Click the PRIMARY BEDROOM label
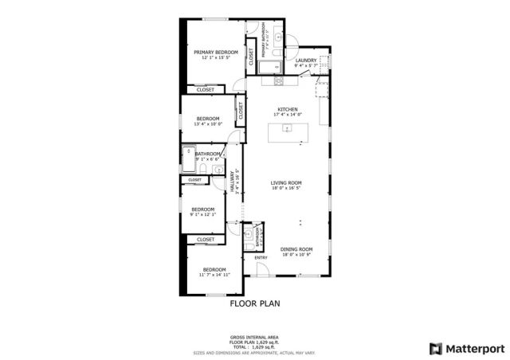215,53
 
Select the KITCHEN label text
288,109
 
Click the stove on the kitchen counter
279,80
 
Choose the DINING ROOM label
296,249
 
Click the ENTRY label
261,257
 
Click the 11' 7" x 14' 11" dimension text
214,275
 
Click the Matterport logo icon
434,348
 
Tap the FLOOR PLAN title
255,303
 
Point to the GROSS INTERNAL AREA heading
255,338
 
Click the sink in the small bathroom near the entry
250,233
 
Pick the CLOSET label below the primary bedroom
206,89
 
